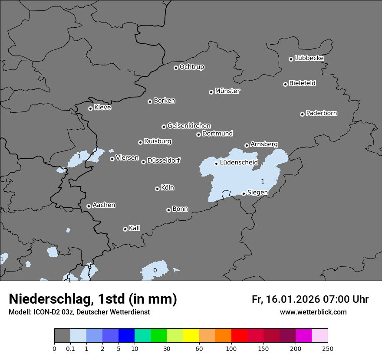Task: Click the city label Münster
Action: pos(227,91)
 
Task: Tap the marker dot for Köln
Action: pos(157,189)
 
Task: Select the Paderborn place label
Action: pos(322,113)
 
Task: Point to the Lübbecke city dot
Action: pos(291,59)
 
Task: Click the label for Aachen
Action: pos(104,205)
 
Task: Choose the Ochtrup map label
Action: pos(192,67)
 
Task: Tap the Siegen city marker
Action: pos(244,193)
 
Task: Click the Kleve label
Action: pos(103,108)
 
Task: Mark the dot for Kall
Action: pos(125,229)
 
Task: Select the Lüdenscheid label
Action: pos(239,163)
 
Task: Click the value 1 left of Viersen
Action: pos(79,156)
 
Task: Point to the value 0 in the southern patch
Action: pos(155,271)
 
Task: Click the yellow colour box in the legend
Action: pos(191,336)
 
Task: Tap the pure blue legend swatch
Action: pos(126,336)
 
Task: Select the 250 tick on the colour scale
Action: pos(328,348)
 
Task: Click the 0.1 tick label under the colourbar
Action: pos(70,348)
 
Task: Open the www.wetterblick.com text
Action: pos(313,312)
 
